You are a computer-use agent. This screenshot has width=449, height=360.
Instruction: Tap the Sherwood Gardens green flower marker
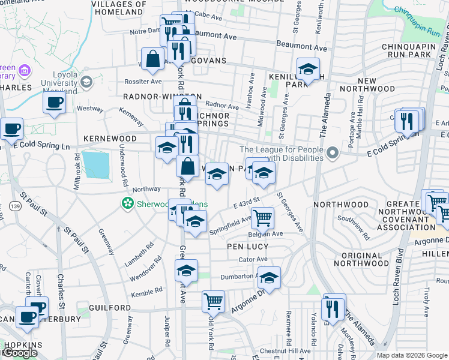click(x=127, y=204)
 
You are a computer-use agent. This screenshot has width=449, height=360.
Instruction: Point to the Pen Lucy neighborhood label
click(x=246, y=246)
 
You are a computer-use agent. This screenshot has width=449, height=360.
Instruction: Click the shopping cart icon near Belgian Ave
click(x=262, y=219)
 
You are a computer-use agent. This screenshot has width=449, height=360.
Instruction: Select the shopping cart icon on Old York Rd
click(x=213, y=301)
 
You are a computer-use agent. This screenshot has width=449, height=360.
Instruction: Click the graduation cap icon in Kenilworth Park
click(x=308, y=70)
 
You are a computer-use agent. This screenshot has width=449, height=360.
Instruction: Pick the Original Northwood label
click(x=374, y=260)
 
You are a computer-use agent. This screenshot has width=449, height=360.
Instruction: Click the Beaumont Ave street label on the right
click(x=301, y=46)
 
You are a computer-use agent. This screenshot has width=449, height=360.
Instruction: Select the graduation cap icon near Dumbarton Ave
click(x=270, y=278)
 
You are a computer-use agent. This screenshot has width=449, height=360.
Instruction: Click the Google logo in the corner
click(x=20, y=353)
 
